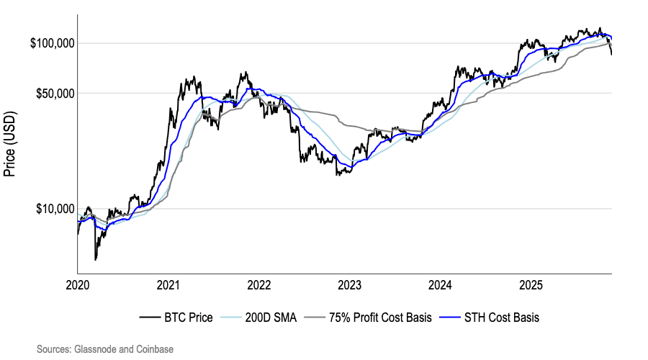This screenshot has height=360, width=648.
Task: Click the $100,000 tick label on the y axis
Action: [51, 43]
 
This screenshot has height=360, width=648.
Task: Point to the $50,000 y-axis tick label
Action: [54, 93]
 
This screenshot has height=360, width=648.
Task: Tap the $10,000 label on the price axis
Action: [54, 209]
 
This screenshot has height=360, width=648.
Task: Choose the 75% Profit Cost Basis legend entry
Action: [379, 317]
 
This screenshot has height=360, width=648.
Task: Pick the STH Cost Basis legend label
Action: [503, 317]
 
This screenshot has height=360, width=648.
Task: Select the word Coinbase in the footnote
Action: [154, 348]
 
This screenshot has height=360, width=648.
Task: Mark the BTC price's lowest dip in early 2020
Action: [96, 258]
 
